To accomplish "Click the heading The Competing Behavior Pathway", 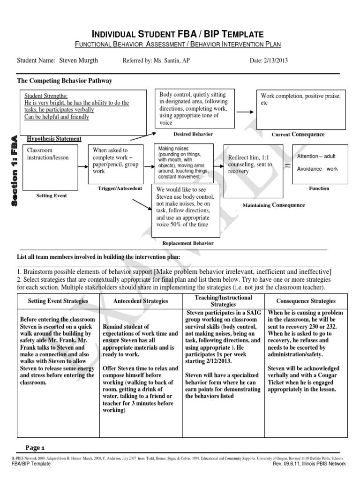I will click(x=65, y=81).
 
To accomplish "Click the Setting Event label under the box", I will click(x=51, y=195).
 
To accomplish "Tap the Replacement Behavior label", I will click(x=187, y=243).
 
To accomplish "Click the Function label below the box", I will click(x=319, y=188).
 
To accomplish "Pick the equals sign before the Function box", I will click(x=287, y=165).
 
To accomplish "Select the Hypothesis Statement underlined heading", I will click(x=54, y=139).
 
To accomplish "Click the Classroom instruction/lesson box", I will click(x=51, y=164).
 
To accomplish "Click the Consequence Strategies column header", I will click(x=306, y=301).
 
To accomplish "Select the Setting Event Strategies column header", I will click(x=58, y=301).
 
